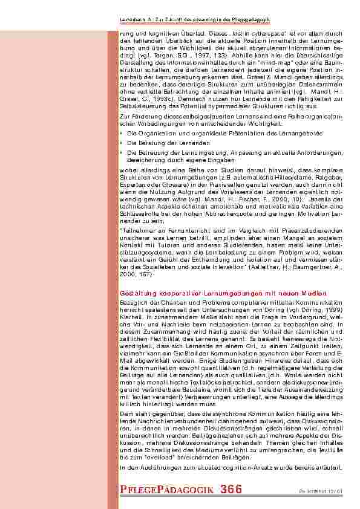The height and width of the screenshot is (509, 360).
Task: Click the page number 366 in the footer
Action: coord(232,490)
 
